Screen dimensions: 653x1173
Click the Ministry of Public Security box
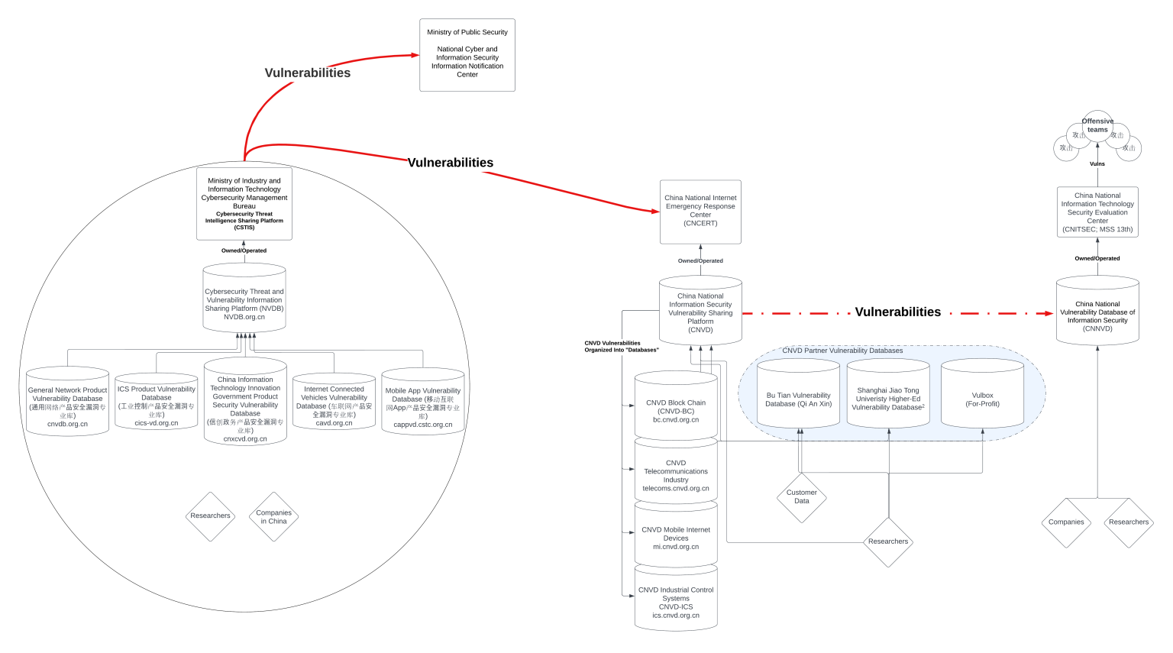(x=467, y=55)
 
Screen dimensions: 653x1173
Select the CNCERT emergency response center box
(x=700, y=212)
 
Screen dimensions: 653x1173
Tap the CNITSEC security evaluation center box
(x=1097, y=212)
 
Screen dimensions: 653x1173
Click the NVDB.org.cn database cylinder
(x=244, y=299)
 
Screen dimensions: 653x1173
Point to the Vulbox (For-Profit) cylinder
(x=982, y=397)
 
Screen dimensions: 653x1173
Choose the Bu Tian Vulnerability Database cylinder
(x=798, y=397)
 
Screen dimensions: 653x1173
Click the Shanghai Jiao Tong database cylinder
(x=888, y=397)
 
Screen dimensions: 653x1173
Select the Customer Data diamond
(x=801, y=497)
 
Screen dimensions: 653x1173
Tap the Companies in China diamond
(x=273, y=517)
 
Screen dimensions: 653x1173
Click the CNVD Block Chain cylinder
(x=676, y=409)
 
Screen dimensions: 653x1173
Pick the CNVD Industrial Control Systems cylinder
(x=676, y=600)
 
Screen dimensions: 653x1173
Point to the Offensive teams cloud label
(x=1097, y=125)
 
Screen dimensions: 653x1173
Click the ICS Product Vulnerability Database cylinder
(x=157, y=403)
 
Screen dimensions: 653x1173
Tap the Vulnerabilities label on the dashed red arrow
(x=897, y=312)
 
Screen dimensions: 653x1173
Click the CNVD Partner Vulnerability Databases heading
(x=842, y=351)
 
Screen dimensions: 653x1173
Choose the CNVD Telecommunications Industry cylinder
(x=676, y=474)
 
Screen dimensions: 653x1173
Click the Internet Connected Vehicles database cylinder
(x=334, y=403)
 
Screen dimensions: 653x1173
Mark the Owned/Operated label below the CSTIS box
(x=244, y=251)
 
